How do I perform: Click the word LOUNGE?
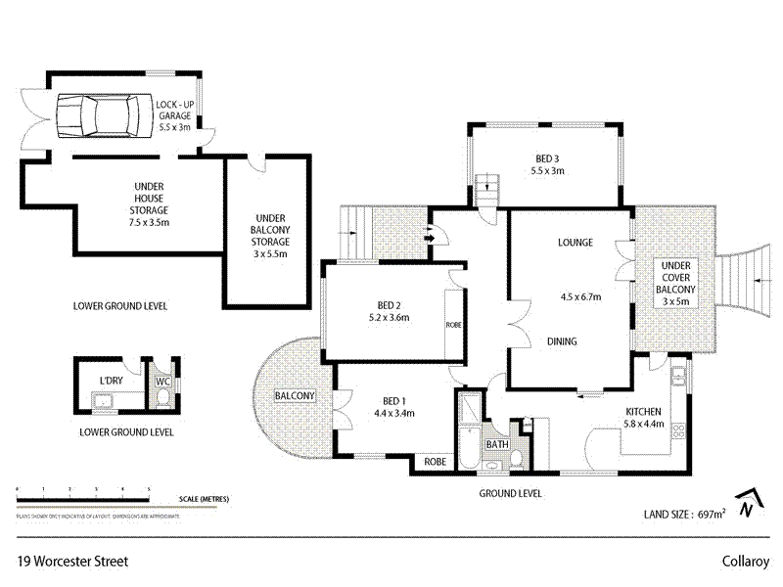click(576, 243)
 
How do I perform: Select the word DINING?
click(561, 341)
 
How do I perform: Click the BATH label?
click(498, 444)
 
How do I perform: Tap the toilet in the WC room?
click(162, 396)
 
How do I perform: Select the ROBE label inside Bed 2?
click(453, 324)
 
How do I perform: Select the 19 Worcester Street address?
click(72, 562)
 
